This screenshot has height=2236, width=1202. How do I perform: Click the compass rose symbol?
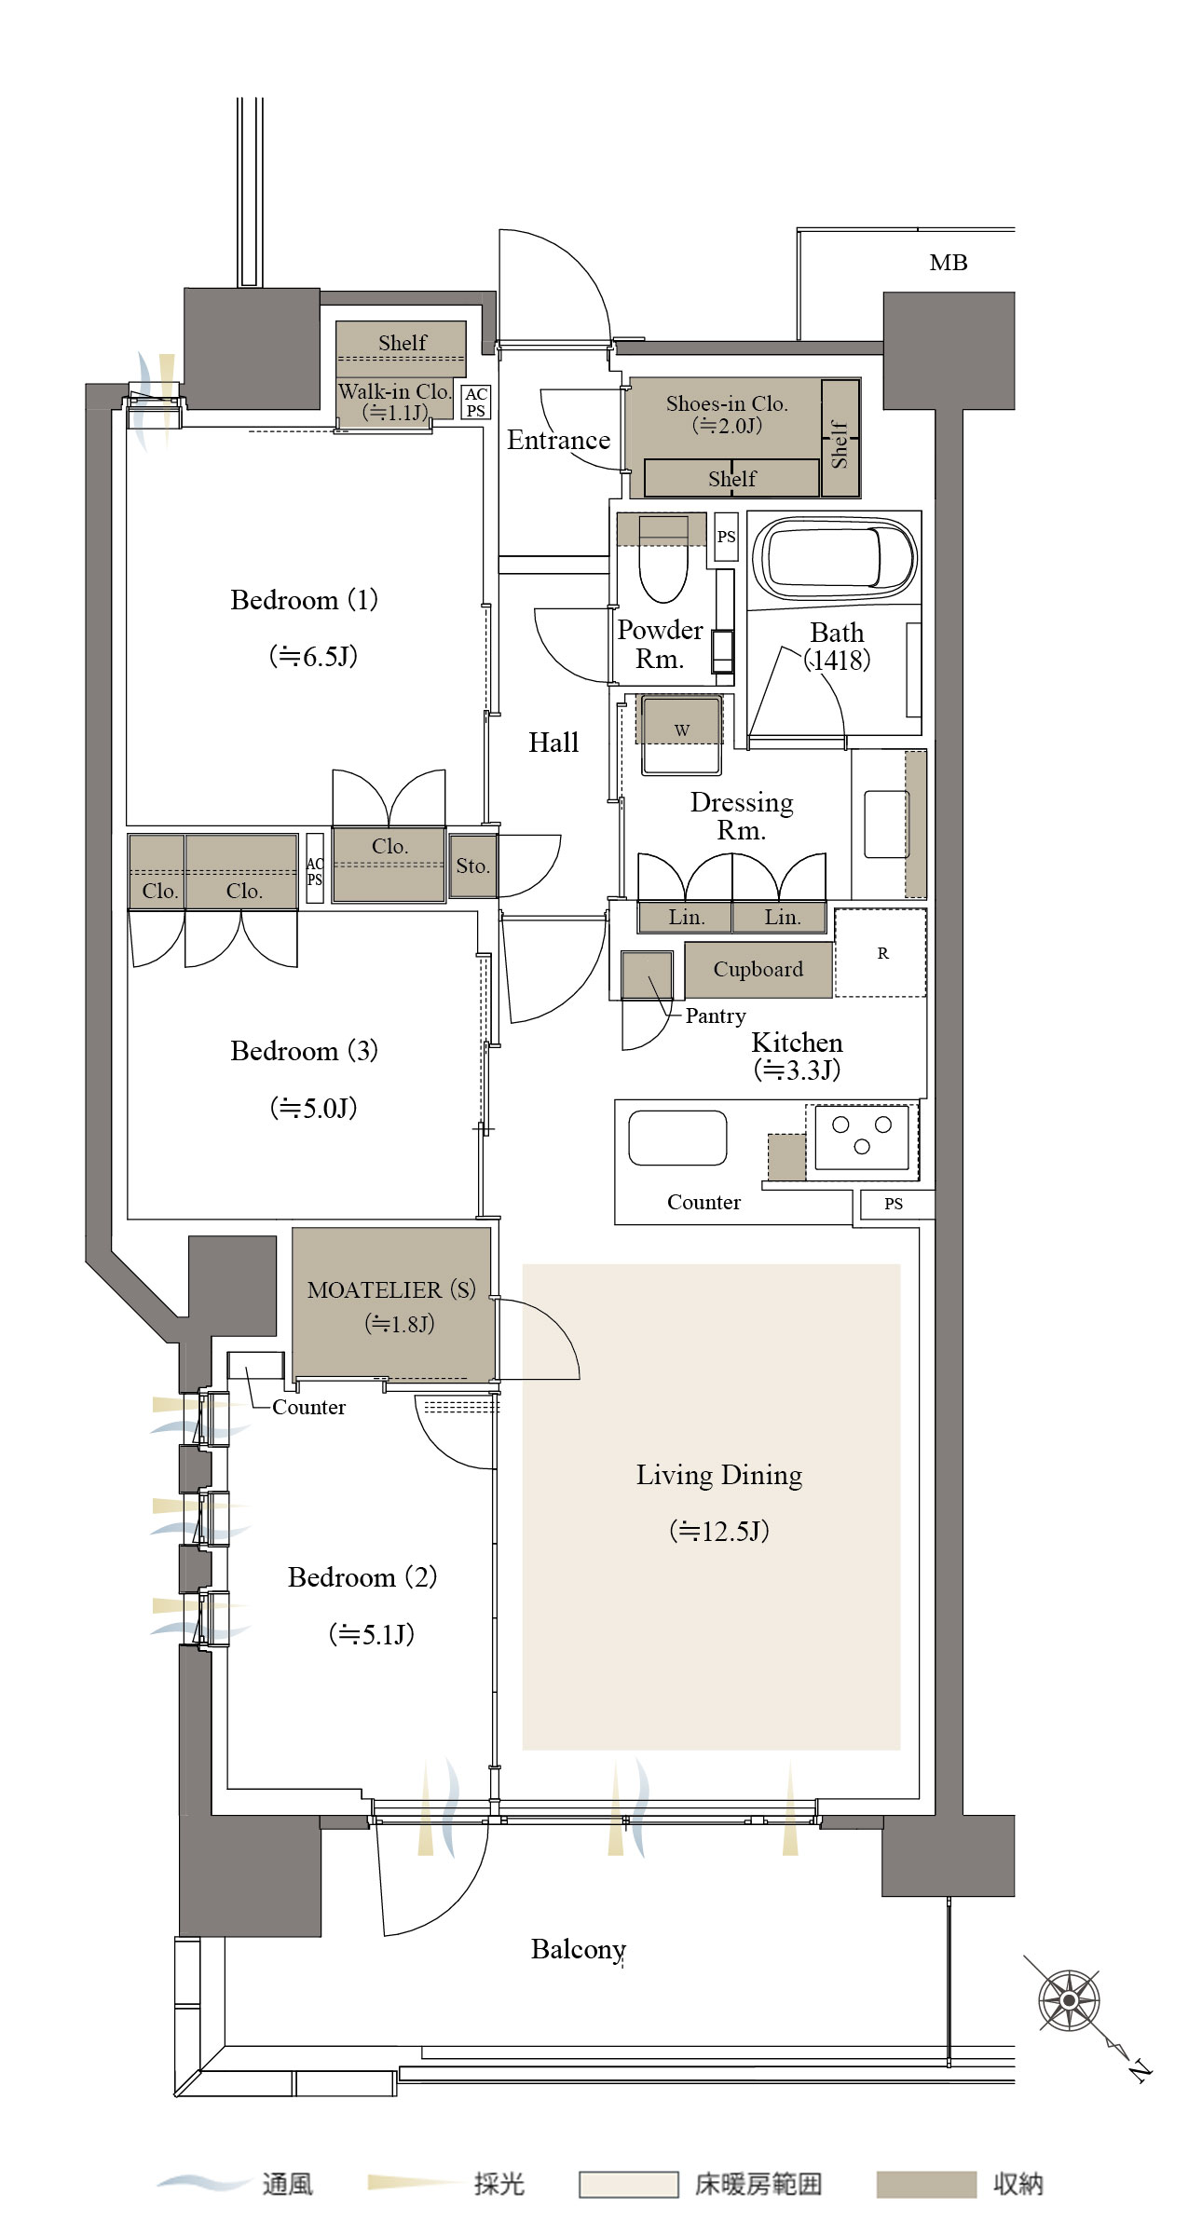[x=1069, y=2000]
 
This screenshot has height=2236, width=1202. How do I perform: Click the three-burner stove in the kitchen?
[x=862, y=1136]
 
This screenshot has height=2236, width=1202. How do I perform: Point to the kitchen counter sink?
[x=677, y=1138]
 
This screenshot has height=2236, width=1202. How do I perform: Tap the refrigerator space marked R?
[x=881, y=952]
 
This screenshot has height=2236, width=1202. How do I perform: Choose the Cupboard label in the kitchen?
[x=758, y=969]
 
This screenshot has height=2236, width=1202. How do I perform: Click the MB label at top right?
[x=949, y=263]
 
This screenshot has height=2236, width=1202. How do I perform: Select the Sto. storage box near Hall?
[x=472, y=866]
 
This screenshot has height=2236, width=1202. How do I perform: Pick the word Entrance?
[x=558, y=440]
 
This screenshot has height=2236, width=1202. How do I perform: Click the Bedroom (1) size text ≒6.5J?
[x=313, y=656]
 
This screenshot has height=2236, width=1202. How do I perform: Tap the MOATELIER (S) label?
[x=391, y=1289]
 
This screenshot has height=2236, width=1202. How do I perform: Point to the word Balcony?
[x=579, y=1949]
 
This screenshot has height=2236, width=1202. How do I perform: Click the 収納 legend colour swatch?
[x=926, y=2185]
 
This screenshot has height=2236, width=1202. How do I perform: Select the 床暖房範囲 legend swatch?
[x=628, y=2185]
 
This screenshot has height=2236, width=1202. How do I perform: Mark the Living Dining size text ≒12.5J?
[x=719, y=1531]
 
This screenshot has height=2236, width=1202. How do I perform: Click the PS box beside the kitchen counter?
[x=894, y=1204]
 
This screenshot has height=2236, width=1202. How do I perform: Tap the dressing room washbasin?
[x=886, y=825]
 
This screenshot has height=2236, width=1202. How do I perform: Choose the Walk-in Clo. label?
[x=394, y=391]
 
